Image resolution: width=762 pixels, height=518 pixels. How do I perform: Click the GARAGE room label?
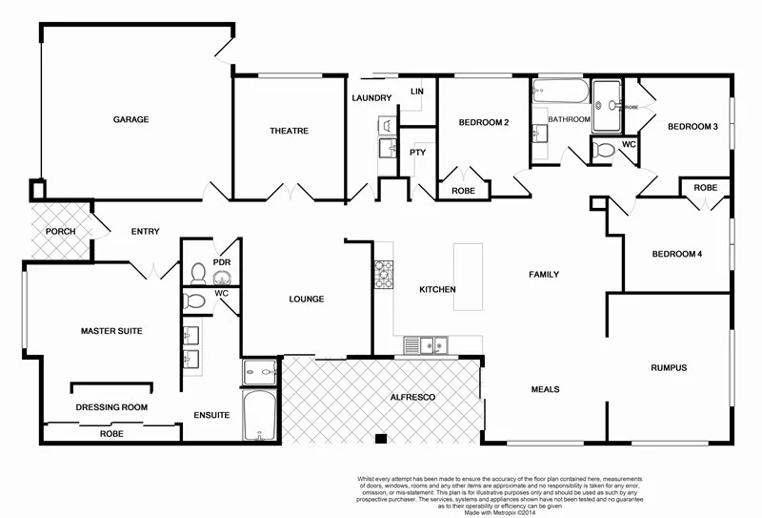tap(131, 119)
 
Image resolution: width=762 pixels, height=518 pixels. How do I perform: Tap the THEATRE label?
tap(288, 131)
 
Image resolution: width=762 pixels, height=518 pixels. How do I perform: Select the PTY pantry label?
tap(417, 153)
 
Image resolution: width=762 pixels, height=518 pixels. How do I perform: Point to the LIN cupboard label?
tap(416, 91)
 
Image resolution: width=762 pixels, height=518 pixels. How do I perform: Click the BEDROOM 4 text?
tap(676, 254)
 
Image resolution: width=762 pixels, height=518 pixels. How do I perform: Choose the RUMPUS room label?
tap(669, 367)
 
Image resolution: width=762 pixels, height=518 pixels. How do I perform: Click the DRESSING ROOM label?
tap(111, 407)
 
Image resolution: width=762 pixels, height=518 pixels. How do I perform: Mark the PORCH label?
tap(60, 231)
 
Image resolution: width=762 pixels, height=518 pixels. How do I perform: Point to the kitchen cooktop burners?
tap(383, 275)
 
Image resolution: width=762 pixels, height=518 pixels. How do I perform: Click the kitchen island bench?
tap(468, 277)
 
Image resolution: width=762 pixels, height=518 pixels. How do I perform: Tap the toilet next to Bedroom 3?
tap(604, 150)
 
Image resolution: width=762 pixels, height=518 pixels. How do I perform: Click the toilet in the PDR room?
tap(197, 274)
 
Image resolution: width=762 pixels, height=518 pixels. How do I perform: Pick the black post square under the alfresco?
tap(381, 440)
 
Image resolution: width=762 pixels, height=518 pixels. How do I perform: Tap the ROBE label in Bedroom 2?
tap(463, 191)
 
